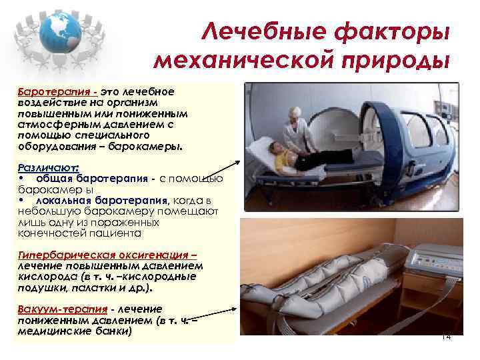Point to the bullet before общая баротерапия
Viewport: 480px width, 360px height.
(22, 179)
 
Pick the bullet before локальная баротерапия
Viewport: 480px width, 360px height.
(22, 200)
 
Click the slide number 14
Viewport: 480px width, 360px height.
(446, 337)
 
